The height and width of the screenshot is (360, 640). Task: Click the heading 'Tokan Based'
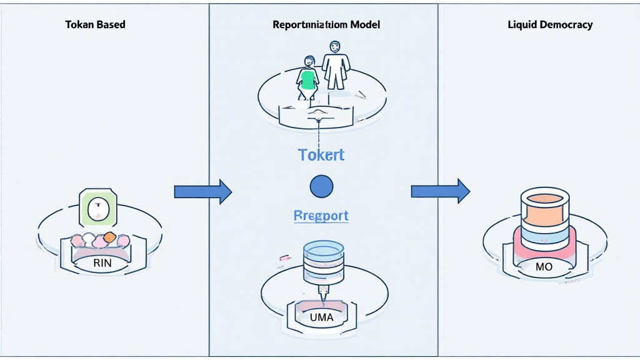95,25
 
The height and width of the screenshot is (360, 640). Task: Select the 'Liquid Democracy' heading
551,25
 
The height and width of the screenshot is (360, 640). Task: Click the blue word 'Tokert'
321,155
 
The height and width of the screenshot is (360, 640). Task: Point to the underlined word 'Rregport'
321,216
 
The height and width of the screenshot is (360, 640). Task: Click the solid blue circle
321,186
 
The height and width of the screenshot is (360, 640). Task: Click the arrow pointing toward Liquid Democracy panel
440,191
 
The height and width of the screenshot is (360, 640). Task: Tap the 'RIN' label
102,263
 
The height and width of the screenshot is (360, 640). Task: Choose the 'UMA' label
321,317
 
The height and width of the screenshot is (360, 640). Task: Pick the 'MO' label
544,267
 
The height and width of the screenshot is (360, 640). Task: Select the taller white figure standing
336,66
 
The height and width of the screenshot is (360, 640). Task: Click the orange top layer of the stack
544,211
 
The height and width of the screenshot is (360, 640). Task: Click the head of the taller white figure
336,46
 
